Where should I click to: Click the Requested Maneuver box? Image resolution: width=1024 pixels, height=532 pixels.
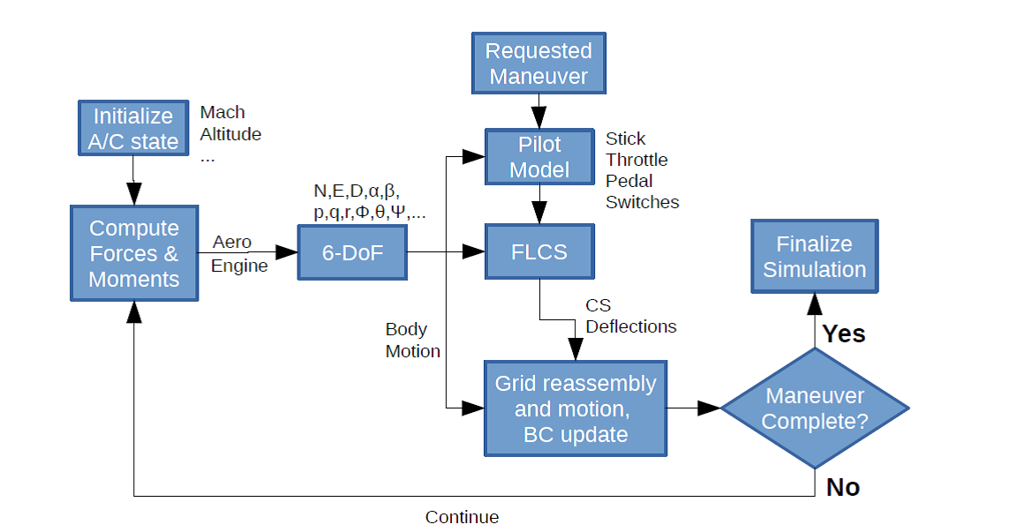click(x=538, y=64)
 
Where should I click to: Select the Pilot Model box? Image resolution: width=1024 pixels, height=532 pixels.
click(x=538, y=156)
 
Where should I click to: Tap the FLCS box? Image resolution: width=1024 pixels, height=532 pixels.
click(x=538, y=252)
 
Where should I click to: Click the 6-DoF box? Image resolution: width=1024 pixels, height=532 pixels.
click(x=352, y=252)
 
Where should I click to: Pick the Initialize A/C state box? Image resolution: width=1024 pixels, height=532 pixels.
click(x=133, y=128)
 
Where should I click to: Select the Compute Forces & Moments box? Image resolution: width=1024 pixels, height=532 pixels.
click(x=133, y=253)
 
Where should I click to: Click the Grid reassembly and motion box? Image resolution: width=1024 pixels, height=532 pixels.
click(x=575, y=408)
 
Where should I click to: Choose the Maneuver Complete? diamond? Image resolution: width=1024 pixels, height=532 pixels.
click(x=814, y=408)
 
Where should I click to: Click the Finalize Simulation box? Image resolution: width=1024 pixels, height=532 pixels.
click(x=814, y=257)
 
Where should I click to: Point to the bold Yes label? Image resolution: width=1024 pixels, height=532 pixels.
click(x=843, y=333)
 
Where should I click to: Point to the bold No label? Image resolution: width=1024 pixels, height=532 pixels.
click(x=842, y=487)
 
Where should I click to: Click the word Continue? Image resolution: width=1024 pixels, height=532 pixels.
click(x=462, y=518)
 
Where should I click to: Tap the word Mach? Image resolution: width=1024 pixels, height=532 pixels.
click(x=222, y=112)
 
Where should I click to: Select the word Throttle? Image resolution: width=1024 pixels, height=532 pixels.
click(x=636, y=160)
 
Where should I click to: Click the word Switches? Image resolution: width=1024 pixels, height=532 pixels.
click(x=642, y=202)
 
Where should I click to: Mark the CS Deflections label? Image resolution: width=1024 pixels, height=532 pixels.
click(x=630, y=316)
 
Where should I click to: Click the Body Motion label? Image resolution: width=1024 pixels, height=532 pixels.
click(x=412, y=341)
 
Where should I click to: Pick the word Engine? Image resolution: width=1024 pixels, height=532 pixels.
click(x=239, y=266)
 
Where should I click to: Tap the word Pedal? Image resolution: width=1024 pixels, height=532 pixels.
click(x=629, y=181)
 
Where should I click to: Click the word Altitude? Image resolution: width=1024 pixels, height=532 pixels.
click(x=230, y=134)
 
